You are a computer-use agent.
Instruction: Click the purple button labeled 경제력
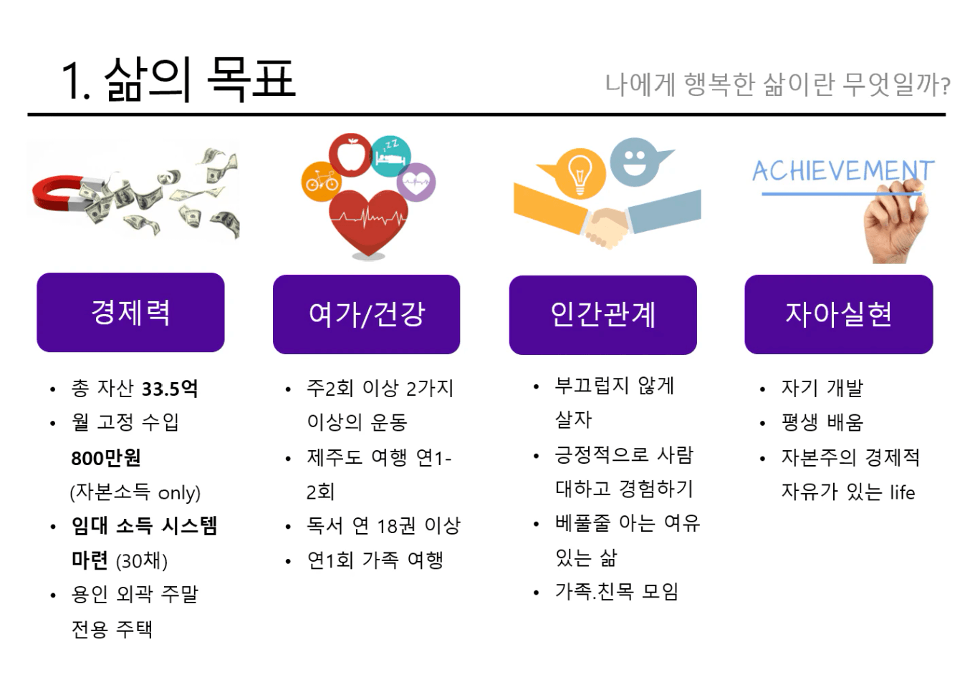[x=130, y=313]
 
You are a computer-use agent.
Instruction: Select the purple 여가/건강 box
[x=366, y=315]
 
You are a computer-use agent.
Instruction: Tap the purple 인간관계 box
[x=602, y=315]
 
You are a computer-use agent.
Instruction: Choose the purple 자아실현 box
[x=839, y=315]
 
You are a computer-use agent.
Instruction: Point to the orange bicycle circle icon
[x=321, y=182]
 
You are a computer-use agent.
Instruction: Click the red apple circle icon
[x=350, y=155]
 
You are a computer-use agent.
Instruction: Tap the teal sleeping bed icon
[x=390, y=156]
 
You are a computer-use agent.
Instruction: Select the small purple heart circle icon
[x=416, y=182]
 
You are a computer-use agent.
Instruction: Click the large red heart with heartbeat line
[x=368, y=223]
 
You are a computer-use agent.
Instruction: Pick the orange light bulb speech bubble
[x=575, y=174]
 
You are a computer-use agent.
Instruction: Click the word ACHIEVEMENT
[x=843, y=170]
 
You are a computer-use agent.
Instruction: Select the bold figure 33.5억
[x=170, y=388]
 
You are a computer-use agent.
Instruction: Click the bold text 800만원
[x=105, y=458]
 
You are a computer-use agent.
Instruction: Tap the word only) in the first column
[x=179, y=493]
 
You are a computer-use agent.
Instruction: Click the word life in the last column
[x=903, y=492]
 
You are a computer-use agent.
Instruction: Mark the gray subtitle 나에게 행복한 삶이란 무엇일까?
[x=778, y=84]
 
